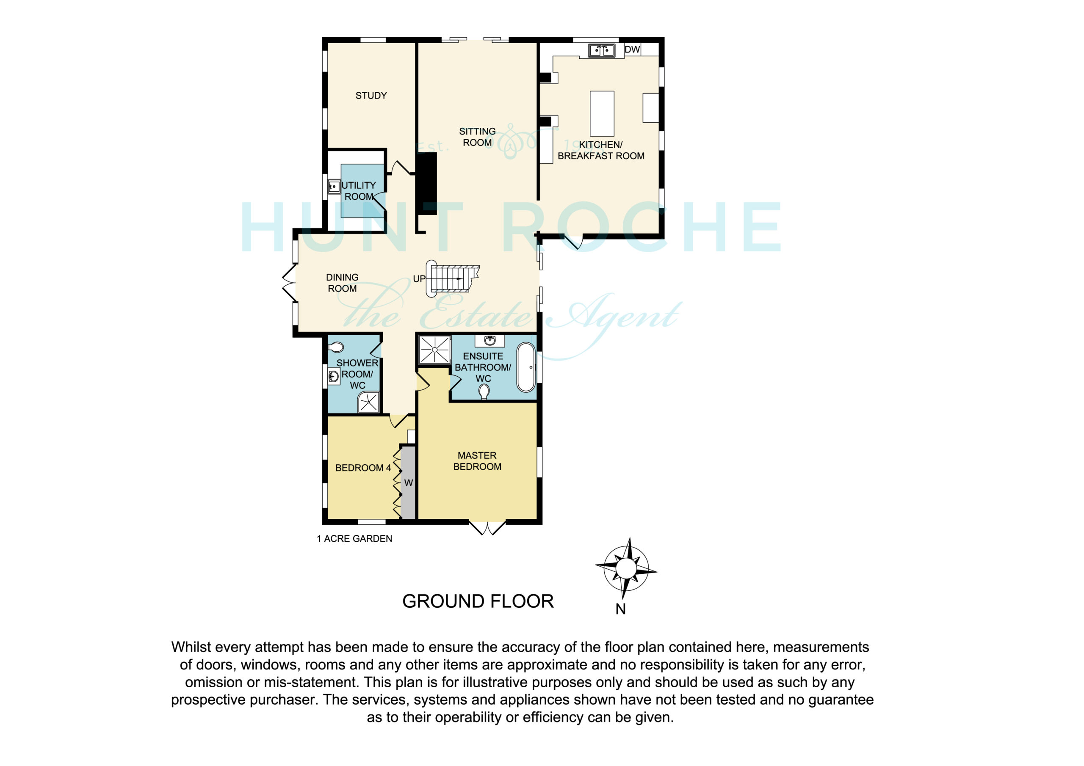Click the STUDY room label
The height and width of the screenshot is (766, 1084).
[x=371, y=96]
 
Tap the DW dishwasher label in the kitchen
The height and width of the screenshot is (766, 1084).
[x=632, y=50]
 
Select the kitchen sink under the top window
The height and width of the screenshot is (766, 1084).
[x=601, y=50]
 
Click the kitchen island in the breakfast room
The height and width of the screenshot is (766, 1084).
[x=602, y=113]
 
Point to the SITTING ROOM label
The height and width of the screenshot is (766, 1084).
[x=477, y=137]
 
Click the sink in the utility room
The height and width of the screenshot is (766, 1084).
[x=334, y=187]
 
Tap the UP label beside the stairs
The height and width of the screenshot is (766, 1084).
[x=419, y=279]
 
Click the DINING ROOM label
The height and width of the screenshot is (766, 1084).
[x=342, y=283]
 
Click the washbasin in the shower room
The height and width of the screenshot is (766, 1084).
[x=334, y=376]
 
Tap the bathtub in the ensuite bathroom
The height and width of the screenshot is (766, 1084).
[x=526, y=368]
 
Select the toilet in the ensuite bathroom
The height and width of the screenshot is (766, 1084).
[x=484, y=392]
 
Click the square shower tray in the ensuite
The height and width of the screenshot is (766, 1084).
[x=435, y=350]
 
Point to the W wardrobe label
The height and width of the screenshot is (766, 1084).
[x=408, y=483]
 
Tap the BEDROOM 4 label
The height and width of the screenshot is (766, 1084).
[x=363, y=468]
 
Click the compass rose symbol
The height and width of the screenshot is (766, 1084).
[x=626, y=568]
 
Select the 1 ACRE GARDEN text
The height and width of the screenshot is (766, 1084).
[x=354, y=538]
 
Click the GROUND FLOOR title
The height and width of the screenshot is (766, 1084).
[x=478, y=601]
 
